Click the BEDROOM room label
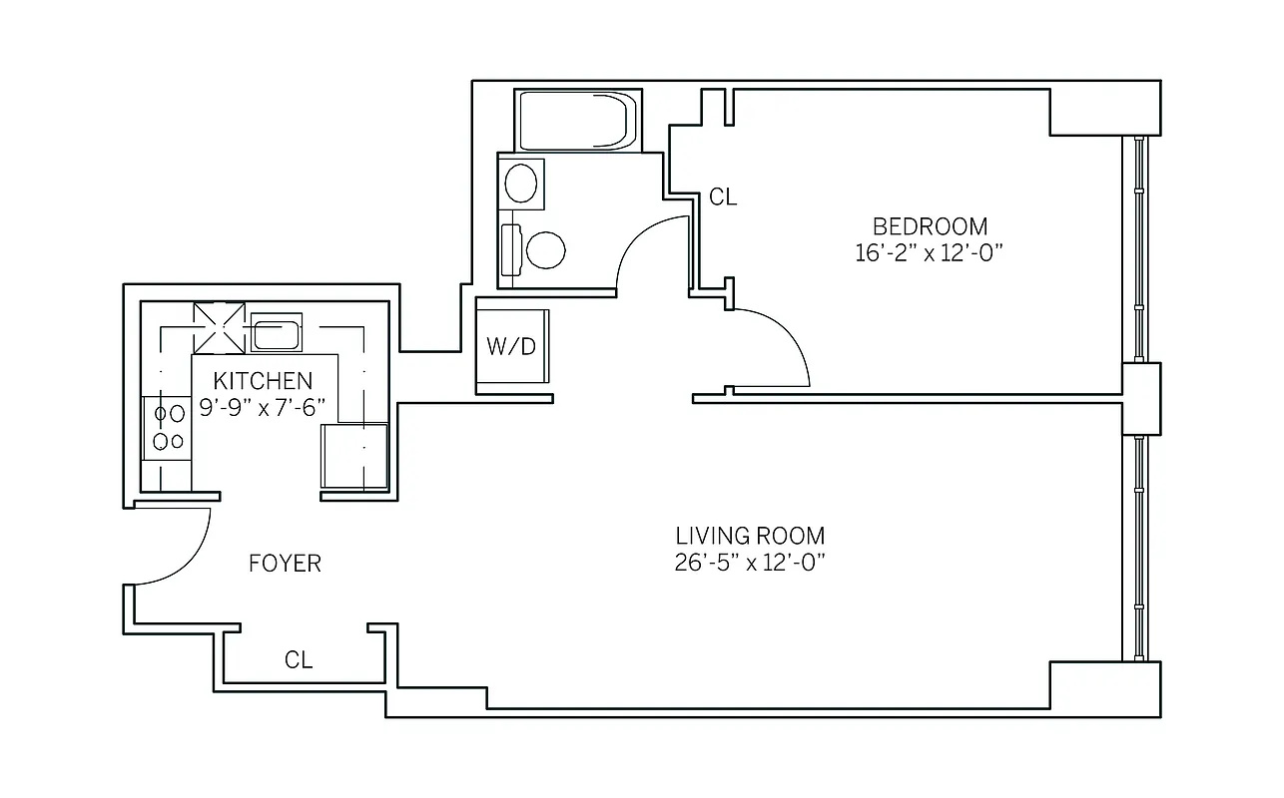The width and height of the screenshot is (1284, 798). click(x=930, y=226)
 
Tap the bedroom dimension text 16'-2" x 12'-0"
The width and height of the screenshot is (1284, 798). click(x=928, y=253)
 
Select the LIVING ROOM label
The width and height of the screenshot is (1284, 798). click(x=750, y=536)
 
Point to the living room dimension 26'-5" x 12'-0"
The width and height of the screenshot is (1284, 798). click(x=749, y=563)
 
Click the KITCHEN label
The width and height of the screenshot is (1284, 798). click(x=263, y=381)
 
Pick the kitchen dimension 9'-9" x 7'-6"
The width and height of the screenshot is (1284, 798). click(x=265, y=408)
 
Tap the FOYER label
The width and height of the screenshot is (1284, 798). click(x=285, y=564)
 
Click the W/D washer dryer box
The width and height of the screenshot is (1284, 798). click(x=512, y=346)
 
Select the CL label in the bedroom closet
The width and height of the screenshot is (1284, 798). click(x=723, y=198)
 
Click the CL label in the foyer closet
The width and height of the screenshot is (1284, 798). click(x=299, y=659)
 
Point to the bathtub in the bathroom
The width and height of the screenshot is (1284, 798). click(x=576, y=121)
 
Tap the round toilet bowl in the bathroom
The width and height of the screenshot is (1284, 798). click(x=545, y=249)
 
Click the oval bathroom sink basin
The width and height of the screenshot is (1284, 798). click(x=520, y=184)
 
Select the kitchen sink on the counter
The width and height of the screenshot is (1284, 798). click(x=276, y=332)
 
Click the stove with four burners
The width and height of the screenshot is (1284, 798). click(x=167, y=427)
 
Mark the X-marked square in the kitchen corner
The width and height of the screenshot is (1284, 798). click(x=219, y=327)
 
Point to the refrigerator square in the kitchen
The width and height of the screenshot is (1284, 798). click(x=353, y=456)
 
